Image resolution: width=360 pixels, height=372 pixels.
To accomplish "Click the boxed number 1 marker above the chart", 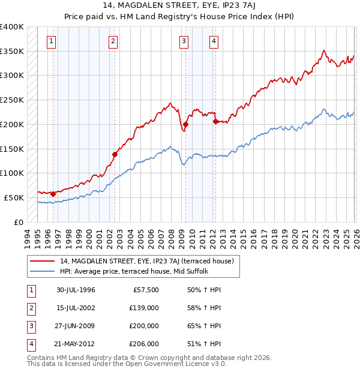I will point(52,41).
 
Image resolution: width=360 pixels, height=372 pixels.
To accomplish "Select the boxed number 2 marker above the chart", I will point(113,41).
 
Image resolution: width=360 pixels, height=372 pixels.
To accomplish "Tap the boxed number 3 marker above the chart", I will point(184,41).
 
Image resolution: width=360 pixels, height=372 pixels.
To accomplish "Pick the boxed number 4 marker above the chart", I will point(214,41).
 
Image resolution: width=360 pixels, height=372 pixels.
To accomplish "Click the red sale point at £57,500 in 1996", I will point(53,194).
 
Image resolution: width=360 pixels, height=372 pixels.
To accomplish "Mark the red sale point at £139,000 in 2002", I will point(115,154).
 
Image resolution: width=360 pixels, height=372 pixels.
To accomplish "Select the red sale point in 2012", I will point(215,121).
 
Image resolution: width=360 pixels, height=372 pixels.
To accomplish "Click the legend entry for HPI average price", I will point(133,271).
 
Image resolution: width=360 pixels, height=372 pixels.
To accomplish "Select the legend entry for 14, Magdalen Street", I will point(150,261).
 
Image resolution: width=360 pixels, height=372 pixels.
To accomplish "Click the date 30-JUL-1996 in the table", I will point(76,290).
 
